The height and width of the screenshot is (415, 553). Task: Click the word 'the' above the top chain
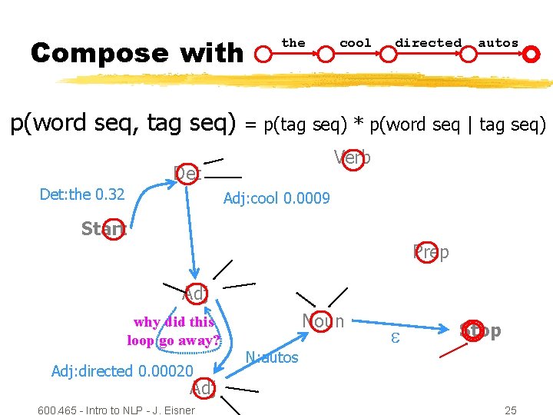(x=293, y=43)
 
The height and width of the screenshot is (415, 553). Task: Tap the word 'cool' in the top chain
(x=355, y=43)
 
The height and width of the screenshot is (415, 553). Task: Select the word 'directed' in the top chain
(x=428, y=43)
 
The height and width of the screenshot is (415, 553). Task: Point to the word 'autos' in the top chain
(x=498, y=43)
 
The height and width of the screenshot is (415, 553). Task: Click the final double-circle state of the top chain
(x=531, y=54)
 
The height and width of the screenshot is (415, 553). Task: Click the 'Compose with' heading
(x=137, y=53)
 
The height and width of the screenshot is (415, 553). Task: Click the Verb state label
(x=353, y=158)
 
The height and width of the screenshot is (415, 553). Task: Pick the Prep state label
(x=431, y=251)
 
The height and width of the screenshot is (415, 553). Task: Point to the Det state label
(x=187, y=174)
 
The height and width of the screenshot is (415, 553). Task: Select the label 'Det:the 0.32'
(x=82, y=194)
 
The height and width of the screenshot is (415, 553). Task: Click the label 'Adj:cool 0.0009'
(x=276, y=199)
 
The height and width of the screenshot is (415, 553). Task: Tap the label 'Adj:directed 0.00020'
(x=122, y=371)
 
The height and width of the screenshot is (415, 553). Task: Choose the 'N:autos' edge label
(x=271, y=357)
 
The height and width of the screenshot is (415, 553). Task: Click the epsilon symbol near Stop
(x=397, y=336)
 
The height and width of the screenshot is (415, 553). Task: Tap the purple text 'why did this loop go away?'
(x=174, y=331)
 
